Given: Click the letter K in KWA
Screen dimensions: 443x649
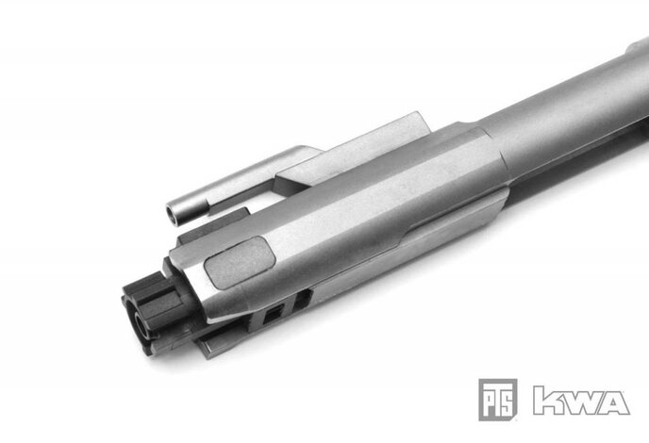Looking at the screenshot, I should [x=546, y=400].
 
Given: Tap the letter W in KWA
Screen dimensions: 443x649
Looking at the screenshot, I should [x=579, y=400].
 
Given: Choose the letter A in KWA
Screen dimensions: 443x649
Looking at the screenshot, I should [x=614, y=400].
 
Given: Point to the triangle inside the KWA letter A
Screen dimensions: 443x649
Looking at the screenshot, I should [x=614, y=403].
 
